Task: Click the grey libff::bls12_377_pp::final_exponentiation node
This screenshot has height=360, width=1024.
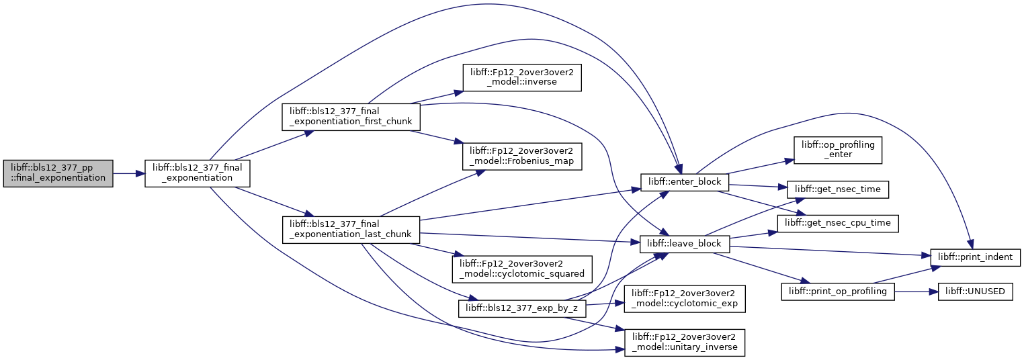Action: [x=58, y=173]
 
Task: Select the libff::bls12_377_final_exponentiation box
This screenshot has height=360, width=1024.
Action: [x=198, y=173]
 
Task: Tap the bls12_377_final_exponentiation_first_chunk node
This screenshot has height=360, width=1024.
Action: [x=349, y=117]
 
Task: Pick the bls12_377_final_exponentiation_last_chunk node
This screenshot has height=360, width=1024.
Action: [x=349, y=230]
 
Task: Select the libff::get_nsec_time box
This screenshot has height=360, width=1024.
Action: [x=838, y=191]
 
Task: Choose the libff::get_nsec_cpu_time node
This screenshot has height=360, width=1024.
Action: [x=838, y=222]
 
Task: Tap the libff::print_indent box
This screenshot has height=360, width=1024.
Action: [x=975, y=256]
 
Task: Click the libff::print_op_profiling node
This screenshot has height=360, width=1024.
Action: [x=837, y=291]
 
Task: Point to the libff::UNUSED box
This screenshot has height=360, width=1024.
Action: [x=975, y=291]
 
